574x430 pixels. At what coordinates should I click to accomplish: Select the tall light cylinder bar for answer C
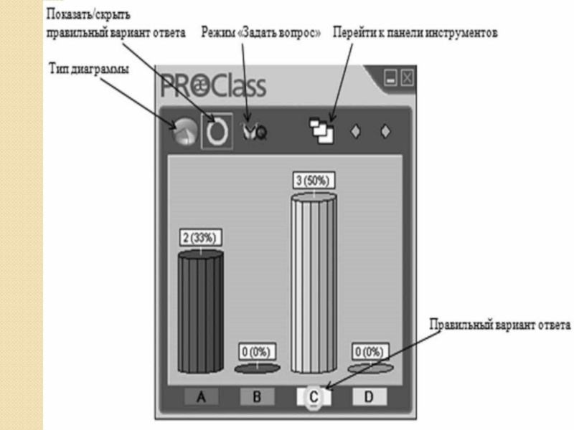[x=313, y=283]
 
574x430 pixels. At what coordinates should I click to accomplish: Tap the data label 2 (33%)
[x=200, y=238]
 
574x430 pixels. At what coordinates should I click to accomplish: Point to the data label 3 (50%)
[x=313, y=181]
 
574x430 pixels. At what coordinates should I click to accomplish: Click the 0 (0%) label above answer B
[x=257, y=352]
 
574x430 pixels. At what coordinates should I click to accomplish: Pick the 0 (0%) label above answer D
[x=370, y=352]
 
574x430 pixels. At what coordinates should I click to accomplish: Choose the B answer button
[x=257, y=396]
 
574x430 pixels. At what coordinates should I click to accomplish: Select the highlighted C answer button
[x=314, y=396]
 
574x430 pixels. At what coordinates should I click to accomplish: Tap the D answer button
[x=370, y=396]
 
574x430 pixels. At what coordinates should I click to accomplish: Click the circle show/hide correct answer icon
[x=215, y=131]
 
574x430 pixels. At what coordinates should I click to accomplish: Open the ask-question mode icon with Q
[x=253, y=132]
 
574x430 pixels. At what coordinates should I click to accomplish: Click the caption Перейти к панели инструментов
[x=420, y=33]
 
